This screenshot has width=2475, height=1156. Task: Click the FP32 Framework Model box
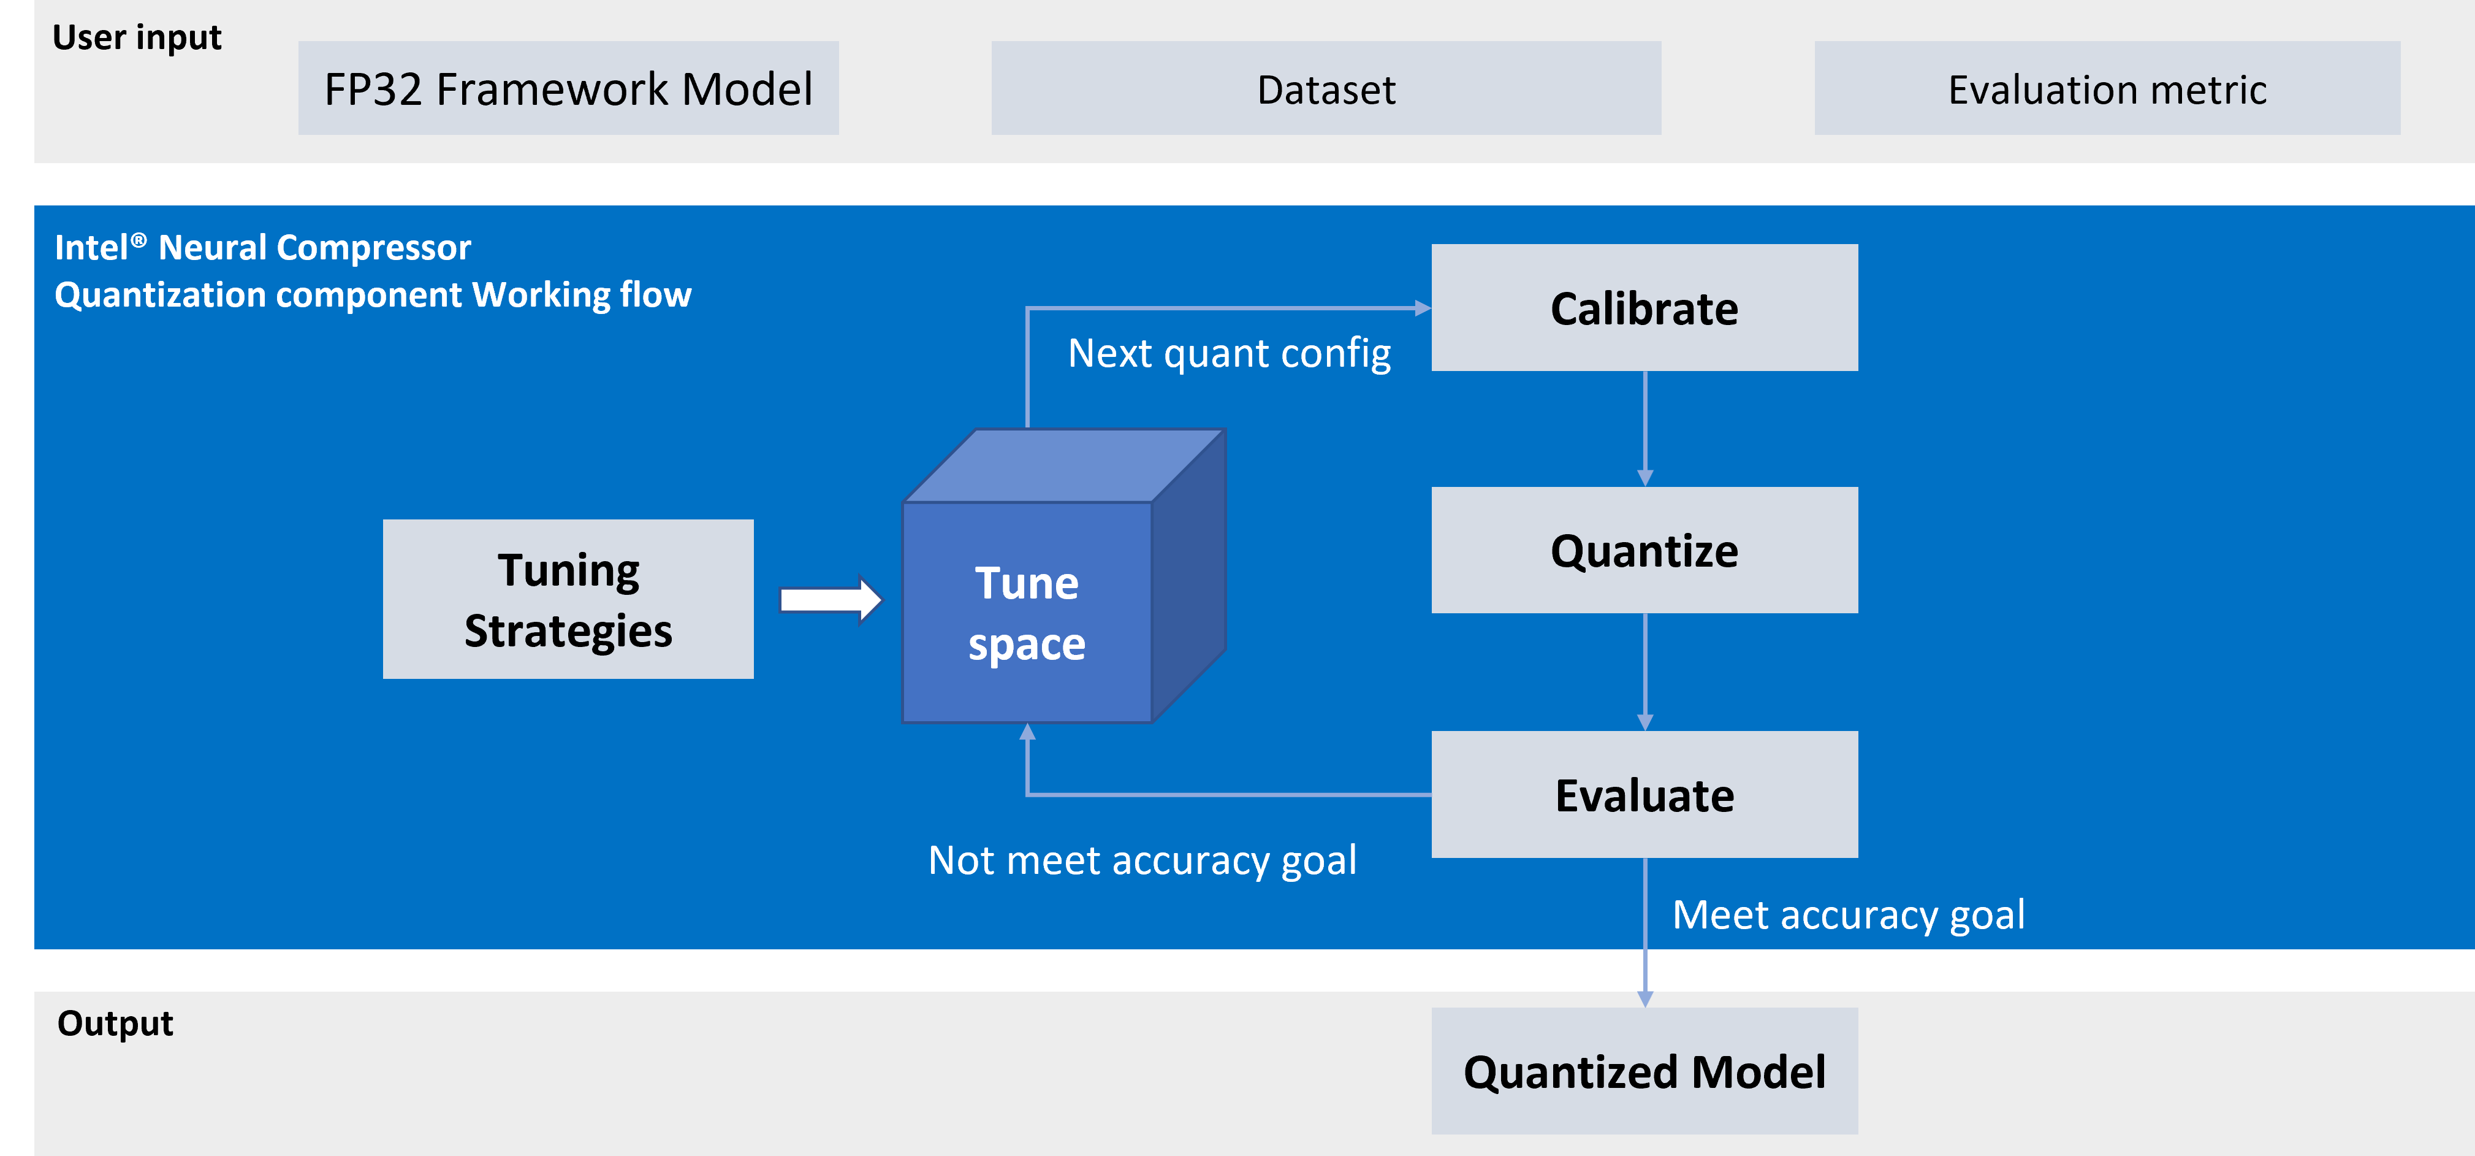point(568,88)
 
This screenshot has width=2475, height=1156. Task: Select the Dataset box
point(1325,88)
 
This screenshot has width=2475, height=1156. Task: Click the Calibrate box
point(1644,307)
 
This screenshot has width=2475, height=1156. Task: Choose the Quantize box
point(1644,549)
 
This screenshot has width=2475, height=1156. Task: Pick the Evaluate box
point(1644,795)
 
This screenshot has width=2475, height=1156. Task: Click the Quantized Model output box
point(1644,1071)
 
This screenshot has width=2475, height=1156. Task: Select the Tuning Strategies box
point(568,600)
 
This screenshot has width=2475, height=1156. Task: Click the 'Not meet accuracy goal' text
point(1141,860)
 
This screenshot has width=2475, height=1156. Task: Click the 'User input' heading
point(137,37)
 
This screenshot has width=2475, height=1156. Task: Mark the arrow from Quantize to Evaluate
point(1645,673)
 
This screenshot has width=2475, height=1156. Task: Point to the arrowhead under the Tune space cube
point(1027,732)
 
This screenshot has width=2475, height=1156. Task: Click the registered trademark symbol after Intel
point(139,240)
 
